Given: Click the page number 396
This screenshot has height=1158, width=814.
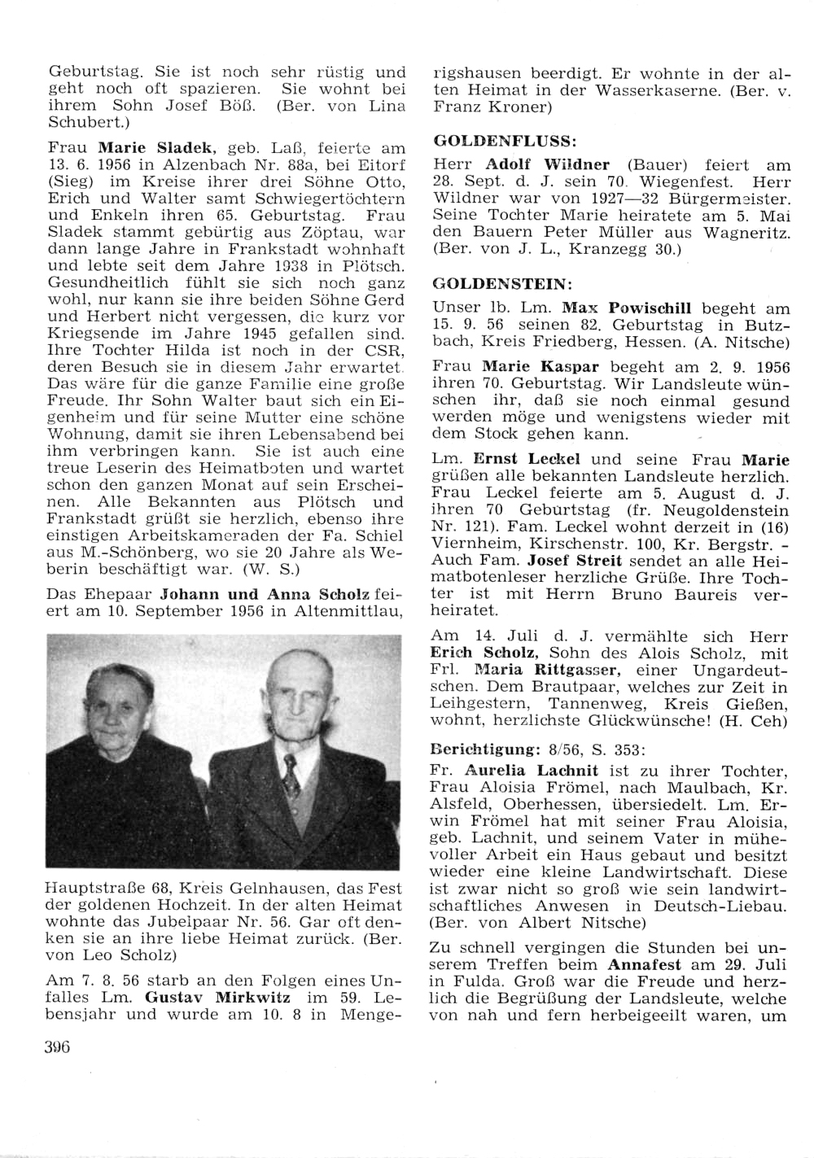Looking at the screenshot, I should [58, 1047].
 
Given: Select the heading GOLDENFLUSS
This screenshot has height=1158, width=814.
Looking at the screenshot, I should [505, 141].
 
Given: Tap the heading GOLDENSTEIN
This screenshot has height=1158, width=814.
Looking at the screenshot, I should [502, 284].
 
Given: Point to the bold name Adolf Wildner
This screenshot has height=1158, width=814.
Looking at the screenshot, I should [547, 164].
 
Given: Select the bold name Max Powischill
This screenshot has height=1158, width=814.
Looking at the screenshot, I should [627, 308].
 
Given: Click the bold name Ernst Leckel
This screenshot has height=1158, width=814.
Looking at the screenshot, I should [515, 459].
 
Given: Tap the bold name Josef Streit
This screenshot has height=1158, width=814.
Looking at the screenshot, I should [574, 560].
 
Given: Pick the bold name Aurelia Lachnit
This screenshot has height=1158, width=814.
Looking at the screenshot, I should [531, 770].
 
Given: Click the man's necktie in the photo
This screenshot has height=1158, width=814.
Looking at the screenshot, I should [291, 775].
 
